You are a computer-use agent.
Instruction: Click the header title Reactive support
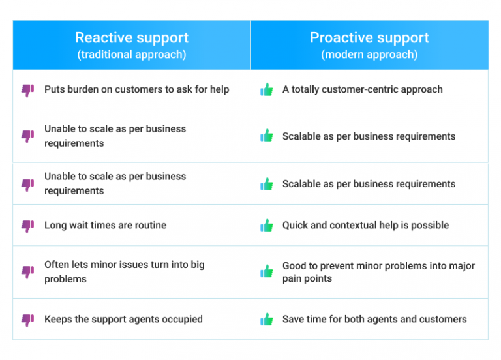132,38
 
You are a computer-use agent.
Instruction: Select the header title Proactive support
369,38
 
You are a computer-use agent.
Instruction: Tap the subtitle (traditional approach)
132,54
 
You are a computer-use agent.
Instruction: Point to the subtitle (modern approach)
369,54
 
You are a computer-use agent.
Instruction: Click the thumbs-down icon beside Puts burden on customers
27,90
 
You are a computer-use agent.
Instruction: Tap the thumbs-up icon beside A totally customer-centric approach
266,90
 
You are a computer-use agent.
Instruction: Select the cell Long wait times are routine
105,225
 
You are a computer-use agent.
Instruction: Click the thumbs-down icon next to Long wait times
27,226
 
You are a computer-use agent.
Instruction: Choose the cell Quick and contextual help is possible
365,225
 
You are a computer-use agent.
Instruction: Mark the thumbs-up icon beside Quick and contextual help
266,226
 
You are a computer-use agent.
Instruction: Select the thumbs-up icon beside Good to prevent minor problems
266,272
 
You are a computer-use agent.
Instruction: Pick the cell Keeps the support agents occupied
123,319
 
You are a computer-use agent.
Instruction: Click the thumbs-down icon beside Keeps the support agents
27,320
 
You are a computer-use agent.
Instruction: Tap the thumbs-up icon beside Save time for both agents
266,320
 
